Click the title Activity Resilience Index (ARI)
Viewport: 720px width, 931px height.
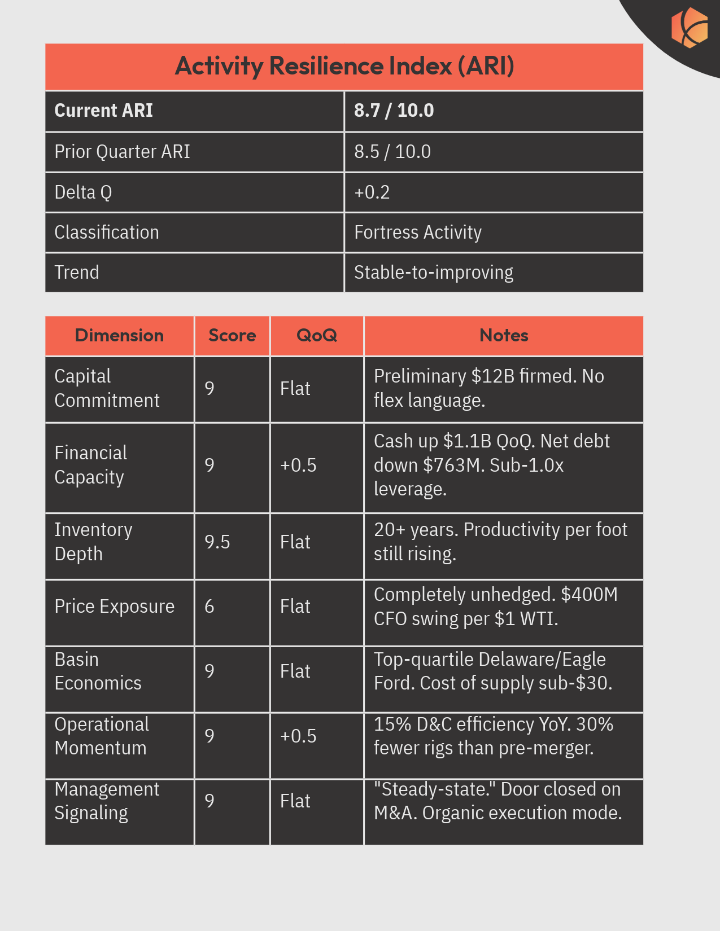pos(344,66)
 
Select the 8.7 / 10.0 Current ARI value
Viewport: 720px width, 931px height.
pos(394,111)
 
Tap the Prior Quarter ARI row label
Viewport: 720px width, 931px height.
pos(122,152)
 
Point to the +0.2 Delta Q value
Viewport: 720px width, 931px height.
pos(372,192)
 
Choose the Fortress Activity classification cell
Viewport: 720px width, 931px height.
pos(417,232)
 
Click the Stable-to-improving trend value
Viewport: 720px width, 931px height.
pos(433,273)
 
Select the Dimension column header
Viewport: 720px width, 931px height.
pos(119,336)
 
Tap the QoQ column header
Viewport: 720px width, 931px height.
pos(316,336)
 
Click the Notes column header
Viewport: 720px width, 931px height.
pos(504,336)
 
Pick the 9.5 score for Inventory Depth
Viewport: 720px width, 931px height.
pos(217,542)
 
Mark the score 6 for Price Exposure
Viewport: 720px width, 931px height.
pos(210,607)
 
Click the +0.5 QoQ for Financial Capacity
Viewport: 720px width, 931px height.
pos(298,465)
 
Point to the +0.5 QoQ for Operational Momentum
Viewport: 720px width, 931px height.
pos(298,736)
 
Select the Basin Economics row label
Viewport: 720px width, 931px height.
pos(98,671)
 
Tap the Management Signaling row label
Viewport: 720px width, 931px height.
pos(107,801)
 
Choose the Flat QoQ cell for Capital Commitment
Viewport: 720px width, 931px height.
pos(295,389)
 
